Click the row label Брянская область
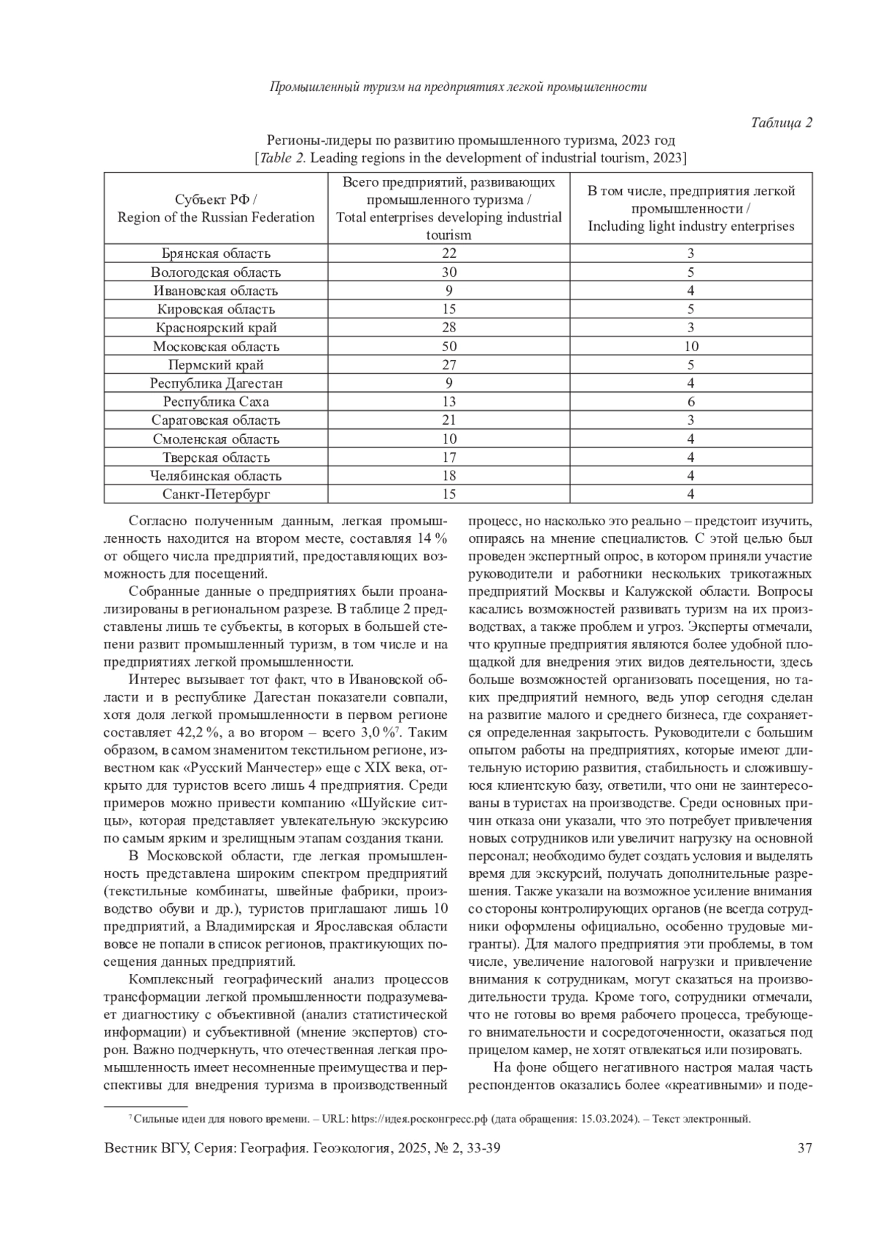(x=216, y=254)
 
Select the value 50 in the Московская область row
(x=449, y=346)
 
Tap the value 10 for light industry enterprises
(x=691, y=346)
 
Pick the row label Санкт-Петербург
(x=216, y=494)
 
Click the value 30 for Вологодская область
(x=449, y=272)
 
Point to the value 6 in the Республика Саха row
(x=691, y=401)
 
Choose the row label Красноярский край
(x=216, y=327)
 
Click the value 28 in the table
(x=449, y=327)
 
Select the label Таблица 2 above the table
(x=781, y=122)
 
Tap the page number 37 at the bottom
(x=805, y=1148)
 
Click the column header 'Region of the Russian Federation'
(x=216, y=217)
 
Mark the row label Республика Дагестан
(x=216, y=383)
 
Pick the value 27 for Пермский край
(x=449, y=364)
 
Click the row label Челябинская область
(x=216, y=476)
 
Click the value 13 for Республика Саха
(x=449, y=401)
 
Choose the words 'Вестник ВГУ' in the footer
(x=145, y=1148)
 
